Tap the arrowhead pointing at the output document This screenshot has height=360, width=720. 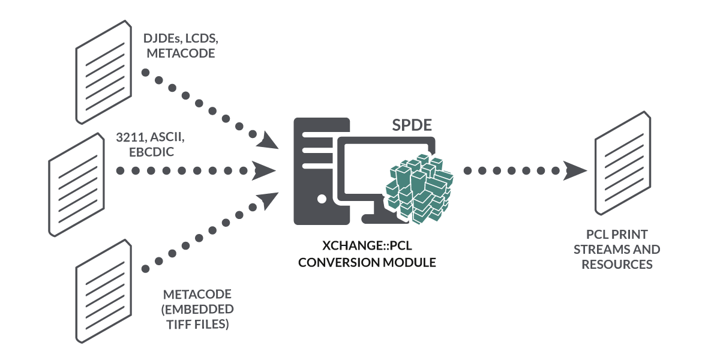click(575, 170)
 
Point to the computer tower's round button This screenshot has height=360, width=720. click(323, 197)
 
